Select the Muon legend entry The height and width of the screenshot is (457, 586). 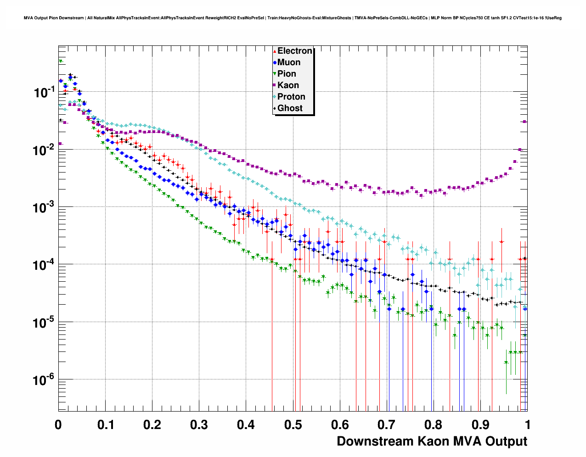(x=289, y=62)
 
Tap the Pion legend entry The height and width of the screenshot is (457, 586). (x=287, y=74)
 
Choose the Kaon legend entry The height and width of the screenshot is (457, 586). (x=288, y=85)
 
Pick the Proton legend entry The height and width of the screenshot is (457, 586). (x=291, y=97)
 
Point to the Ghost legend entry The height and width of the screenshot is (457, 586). (x=290, y=108)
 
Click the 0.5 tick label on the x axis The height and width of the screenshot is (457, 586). (x=293, y=424)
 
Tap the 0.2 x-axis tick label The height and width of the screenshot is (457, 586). (x=152, y=424)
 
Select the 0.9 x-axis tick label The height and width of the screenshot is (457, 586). (x=481, y=424)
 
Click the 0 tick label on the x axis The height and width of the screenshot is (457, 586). (x=58, y=424)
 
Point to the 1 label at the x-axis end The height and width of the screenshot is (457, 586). (x=528, y=424)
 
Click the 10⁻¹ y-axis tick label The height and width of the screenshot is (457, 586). (x=44, y=92)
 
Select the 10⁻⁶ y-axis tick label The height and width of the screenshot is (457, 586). (x=44, y=380)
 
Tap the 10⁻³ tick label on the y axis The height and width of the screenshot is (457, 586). (x=44, y=207)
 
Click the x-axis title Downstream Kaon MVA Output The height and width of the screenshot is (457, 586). (x=432, y=441)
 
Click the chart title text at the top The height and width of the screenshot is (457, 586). (x=293, y=18)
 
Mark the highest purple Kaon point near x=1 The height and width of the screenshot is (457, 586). (x=525, y=122)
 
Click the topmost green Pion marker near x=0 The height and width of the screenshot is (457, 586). (x=60, y=61)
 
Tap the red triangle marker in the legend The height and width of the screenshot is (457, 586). (x=275, y=51)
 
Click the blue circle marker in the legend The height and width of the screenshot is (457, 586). (x=275, y=62)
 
